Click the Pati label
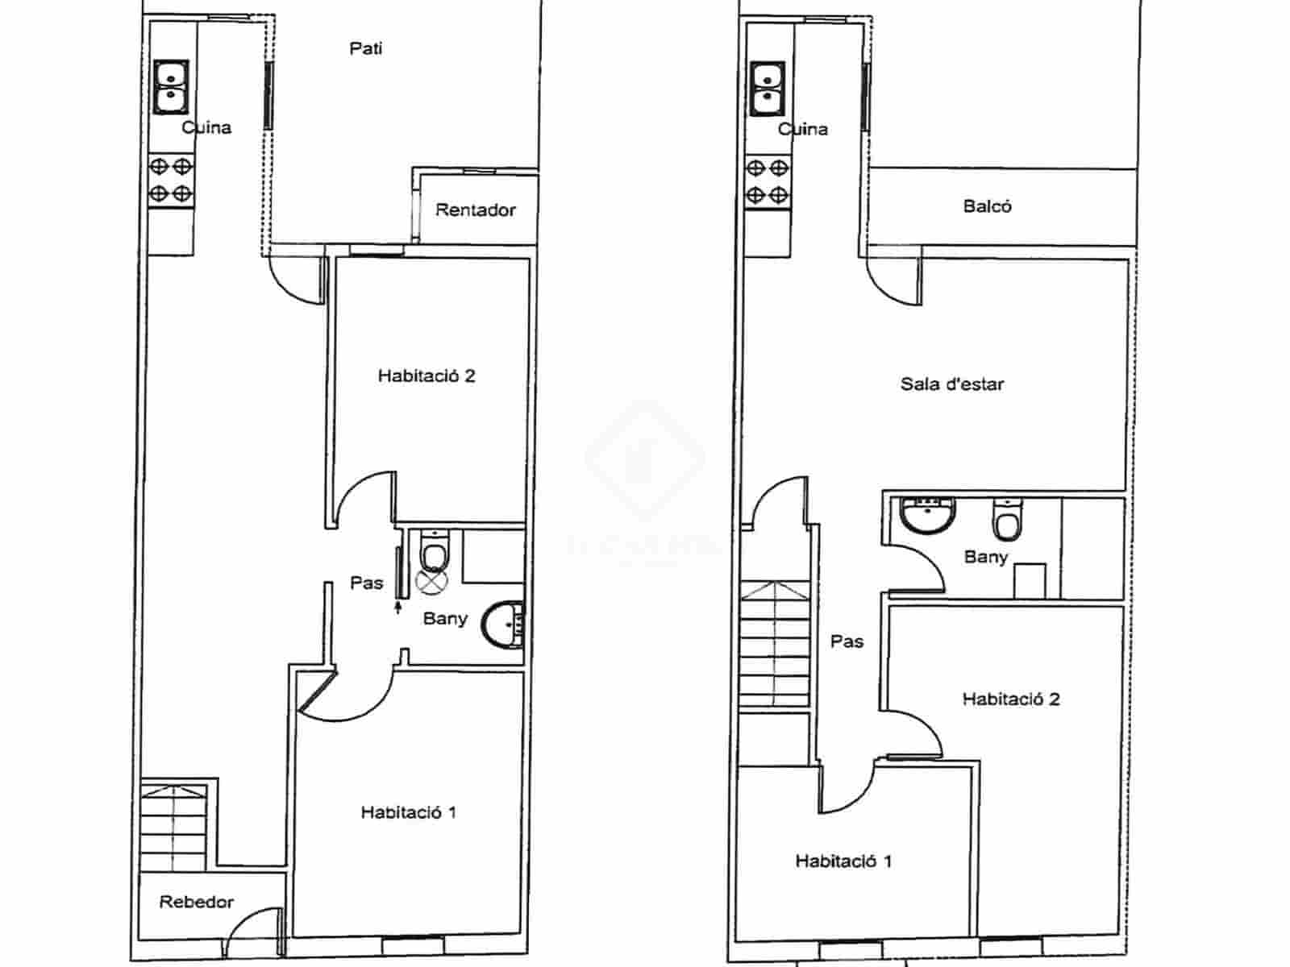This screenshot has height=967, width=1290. point(365,48)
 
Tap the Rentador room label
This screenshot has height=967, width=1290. point(475,210)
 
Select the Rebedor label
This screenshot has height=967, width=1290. point(196,902)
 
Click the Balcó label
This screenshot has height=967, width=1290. point(987,206)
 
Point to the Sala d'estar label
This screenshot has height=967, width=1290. point(951,384)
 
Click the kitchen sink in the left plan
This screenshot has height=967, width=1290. point(172,86)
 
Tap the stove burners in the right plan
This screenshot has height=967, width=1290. point(767,181)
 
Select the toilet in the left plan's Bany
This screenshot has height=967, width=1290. point(435,551)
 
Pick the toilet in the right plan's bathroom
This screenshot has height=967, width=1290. point(1007,520)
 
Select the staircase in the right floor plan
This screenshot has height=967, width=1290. point(774,645)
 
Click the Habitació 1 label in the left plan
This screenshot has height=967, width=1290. point(408,812)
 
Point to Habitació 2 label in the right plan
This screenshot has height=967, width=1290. point(1010,699)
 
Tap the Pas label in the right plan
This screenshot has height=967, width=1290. point(847,641)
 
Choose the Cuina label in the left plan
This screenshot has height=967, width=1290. point(206,127)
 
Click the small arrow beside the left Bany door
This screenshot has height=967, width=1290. point(398,605)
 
